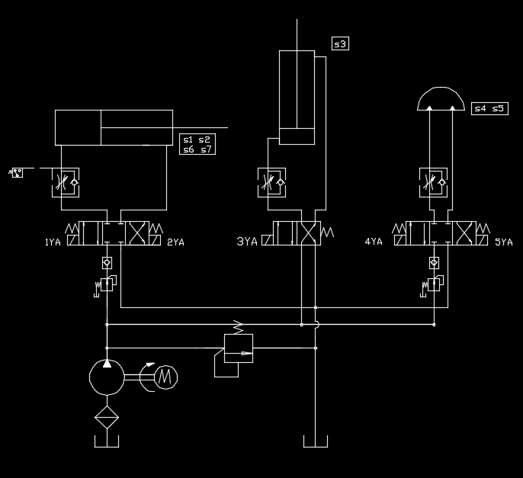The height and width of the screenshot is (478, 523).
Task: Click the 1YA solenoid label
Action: [52, 242]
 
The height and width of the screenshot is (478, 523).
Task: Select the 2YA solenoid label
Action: [175, 242]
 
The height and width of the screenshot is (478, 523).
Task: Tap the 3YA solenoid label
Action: [246, 242]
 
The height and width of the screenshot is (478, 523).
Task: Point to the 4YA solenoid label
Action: [373, 242]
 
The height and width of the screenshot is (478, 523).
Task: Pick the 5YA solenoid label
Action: [504, 242]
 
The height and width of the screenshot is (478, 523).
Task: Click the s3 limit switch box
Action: [340, 44]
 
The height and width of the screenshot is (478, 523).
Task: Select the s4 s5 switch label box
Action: [489, 109]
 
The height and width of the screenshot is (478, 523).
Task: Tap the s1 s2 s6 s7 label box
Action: [197, 144]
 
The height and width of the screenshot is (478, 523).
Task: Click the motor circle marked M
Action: [165, 376]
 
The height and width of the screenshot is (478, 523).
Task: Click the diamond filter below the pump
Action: [106, 417]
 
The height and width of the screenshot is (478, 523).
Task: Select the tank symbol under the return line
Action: [315, 442]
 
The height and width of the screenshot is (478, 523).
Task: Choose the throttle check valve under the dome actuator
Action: [435, 181]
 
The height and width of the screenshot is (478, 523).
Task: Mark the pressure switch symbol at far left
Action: [16, 172]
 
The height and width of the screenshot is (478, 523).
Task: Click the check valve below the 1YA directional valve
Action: [107, 263]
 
